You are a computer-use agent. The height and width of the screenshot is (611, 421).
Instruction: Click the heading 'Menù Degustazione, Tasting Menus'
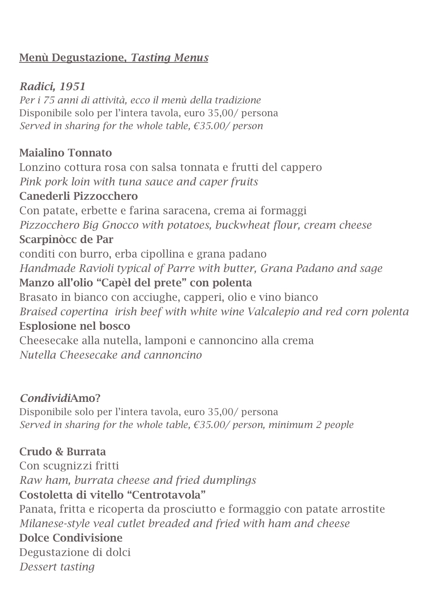[113, 58]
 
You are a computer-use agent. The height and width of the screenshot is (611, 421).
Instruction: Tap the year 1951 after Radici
[73, 86]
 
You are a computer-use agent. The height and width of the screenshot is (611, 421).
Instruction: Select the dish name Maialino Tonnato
[65, 153]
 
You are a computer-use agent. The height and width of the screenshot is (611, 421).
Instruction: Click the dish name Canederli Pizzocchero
[78, 196]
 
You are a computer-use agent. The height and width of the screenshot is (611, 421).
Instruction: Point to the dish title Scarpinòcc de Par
[66, 239]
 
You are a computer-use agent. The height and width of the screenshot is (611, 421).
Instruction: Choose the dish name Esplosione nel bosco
[75, 326]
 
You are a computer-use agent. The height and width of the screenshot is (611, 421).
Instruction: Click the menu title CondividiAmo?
[60, 398]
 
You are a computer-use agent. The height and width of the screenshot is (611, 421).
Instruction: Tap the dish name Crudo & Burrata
[62, 451]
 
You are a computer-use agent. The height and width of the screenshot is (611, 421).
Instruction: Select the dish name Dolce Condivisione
[71, 538]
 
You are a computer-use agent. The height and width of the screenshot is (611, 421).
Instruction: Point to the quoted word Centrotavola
[166, 495]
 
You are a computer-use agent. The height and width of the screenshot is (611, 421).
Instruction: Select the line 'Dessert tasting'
[57, 567]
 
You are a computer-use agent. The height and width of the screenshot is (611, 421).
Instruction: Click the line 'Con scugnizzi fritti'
[69, 466]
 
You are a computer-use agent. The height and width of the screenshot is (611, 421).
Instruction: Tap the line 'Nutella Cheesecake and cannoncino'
[111, 355]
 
